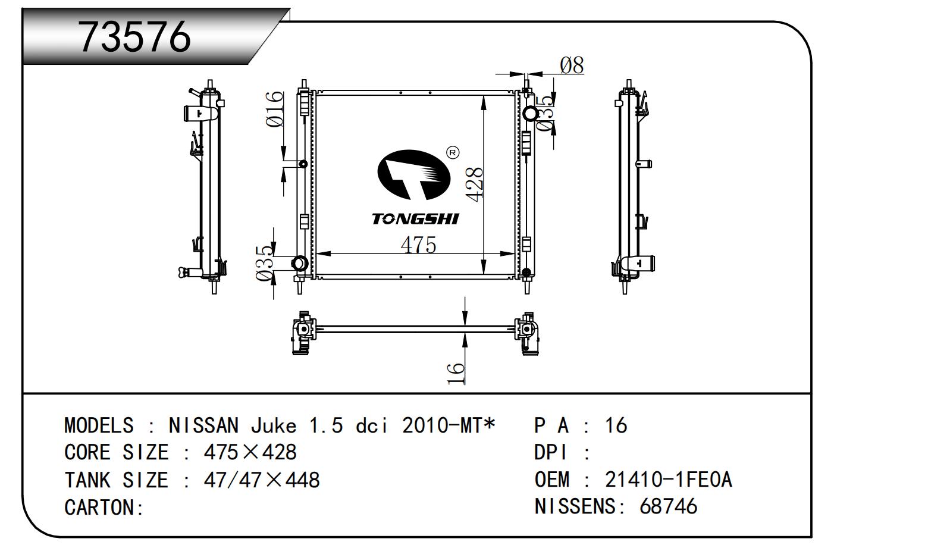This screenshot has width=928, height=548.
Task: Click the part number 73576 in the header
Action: pos(135,37)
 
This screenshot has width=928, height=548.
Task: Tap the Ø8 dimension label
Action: pos(572,65)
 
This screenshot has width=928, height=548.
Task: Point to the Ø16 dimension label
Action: pos(274,109)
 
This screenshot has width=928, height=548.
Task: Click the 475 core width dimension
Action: pos(418,245)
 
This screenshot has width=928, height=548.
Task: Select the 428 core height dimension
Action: pos(474,184)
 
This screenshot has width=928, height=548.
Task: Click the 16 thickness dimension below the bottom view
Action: pos(456,373)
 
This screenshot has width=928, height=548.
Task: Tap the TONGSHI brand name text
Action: pos(415,219)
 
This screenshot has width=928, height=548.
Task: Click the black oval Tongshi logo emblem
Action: pos(413,175)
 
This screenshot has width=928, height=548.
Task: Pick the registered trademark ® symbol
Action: pos(453,152)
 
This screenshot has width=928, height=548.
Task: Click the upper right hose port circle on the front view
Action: pos(530,113)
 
